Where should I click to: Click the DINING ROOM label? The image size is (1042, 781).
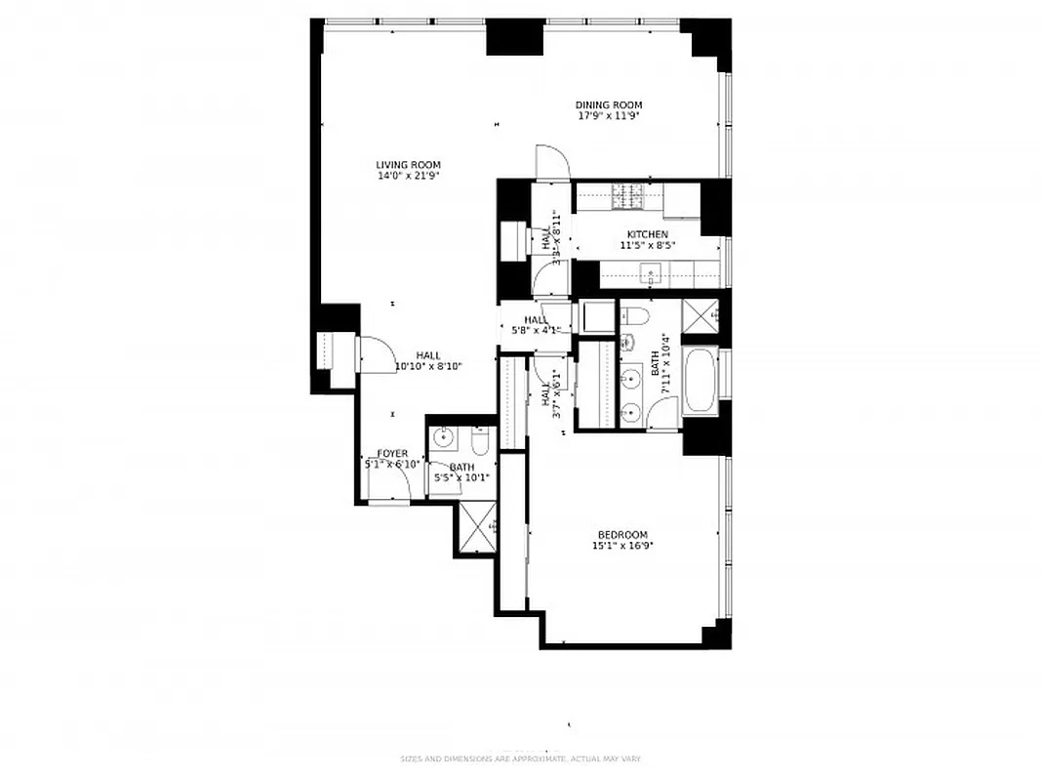(x=609, y=105)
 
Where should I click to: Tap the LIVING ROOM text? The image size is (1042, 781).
(x=409, y=165)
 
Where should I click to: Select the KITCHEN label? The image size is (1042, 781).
(x=647, y=234)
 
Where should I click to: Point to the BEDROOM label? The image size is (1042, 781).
(x=622, y=535)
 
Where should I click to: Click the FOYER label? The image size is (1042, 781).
(x=392, y=454)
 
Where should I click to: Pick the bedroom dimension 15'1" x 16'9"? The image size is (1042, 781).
(x=622, y=547)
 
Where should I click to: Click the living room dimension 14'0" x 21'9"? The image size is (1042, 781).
(x=409, y=177)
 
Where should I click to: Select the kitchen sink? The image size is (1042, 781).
(x=650, y=274)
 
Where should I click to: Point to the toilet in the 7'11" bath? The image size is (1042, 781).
(x=634, y=315)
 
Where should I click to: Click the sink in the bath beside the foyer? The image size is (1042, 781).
(x=444, y=436)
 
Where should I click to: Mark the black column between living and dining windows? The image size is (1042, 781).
(x=514, y=36)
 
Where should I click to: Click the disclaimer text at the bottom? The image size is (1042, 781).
(x=520, y=759)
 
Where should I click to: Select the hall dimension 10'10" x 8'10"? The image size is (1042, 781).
(x=428, y=367)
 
